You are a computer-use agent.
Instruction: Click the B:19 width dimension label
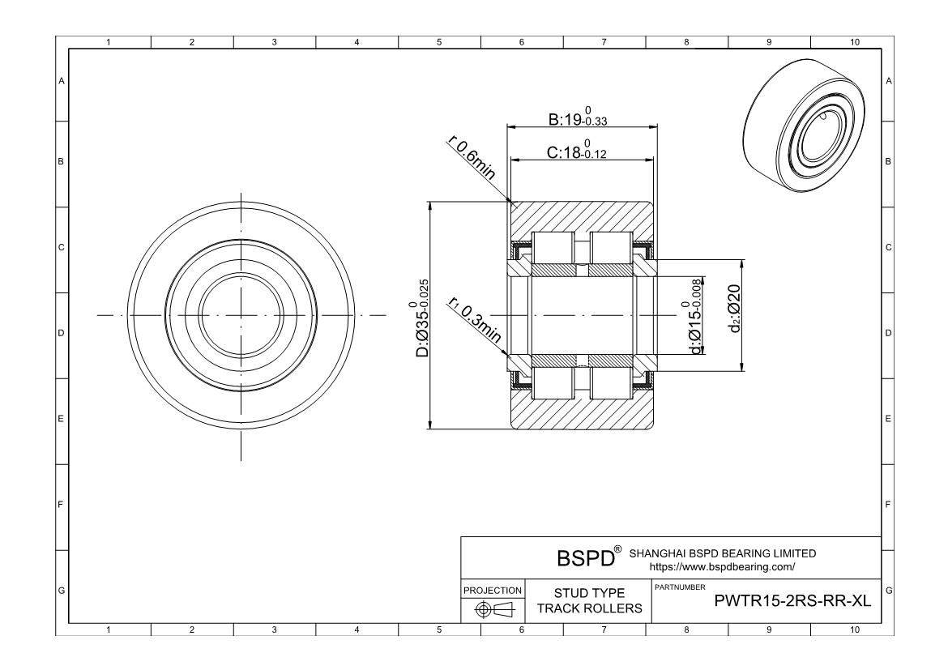tap(579, 118)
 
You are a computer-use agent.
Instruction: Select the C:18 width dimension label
tap(579, 151)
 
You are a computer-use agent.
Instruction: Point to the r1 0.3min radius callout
tap(474, 323)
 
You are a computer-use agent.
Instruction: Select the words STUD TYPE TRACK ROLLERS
tap(589, 601)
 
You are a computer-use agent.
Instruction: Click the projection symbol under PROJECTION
tap(492, 609)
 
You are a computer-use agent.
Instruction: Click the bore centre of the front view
tap(241, 315)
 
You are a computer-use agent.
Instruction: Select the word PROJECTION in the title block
tap(492, 591)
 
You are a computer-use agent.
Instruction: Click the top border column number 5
tap(439, 43)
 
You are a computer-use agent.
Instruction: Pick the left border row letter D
tap(62, 333)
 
